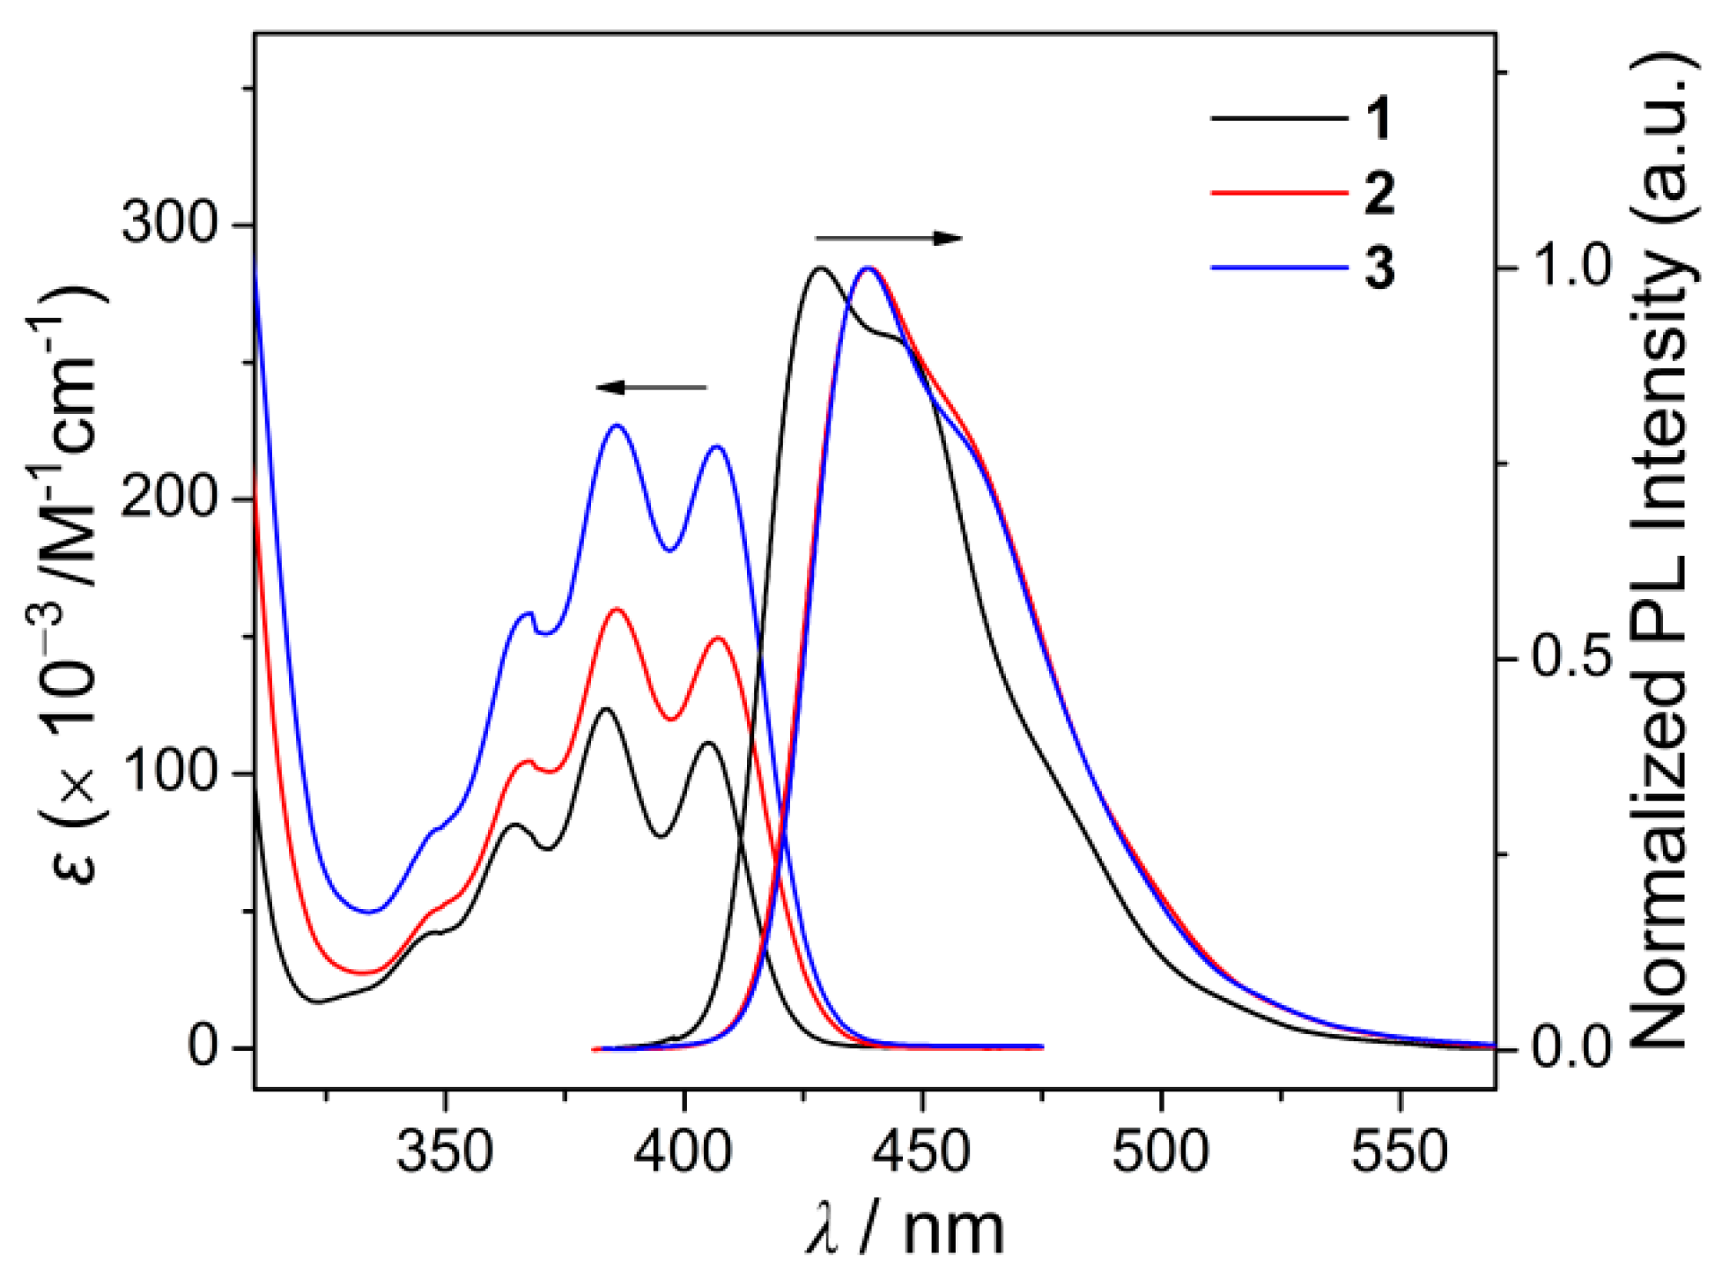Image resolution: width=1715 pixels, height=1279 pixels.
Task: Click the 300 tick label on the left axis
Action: [x=168, y=225]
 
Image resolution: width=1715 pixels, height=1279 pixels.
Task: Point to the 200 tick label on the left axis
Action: [x=168, y=499]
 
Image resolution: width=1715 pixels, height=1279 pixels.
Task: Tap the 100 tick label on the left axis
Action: [x=168, y=773]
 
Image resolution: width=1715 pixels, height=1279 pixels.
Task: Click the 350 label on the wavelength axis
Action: [x=445, y=1152]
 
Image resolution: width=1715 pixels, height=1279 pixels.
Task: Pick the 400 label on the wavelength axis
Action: [x=684, y=1152]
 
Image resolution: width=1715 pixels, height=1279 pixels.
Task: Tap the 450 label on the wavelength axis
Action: [x=922, y=1152]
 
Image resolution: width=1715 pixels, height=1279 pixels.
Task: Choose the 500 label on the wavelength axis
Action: [x=1161, y=1152]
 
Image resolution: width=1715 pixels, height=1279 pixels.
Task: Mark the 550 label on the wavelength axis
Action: [x=1400, y=1152]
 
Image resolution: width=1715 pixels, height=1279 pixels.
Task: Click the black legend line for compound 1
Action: [x=1279, y=118]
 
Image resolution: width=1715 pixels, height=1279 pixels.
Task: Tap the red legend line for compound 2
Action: [x=1279, y=192]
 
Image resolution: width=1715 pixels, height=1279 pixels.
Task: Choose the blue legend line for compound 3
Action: [x=1279, y=267]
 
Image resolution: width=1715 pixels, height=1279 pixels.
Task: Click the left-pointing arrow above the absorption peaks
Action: [x=651, y=388]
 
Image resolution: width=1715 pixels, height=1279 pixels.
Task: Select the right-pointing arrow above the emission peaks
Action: [x=889, y=238]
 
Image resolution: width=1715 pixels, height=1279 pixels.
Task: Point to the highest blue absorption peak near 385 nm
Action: [x=617, y=425]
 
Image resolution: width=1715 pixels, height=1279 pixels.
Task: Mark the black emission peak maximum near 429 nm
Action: [x=820, y=268]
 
